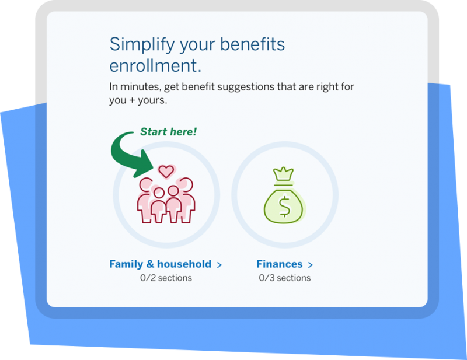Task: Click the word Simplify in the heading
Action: tap(142, 45)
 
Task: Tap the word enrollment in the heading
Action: tap(155, 65)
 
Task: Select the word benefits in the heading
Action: tap(253, 44)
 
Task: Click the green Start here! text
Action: tap(168, 132)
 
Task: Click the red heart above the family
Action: tap(166, 171)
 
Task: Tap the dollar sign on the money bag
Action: tap(284, 207)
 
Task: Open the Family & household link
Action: tap(166, 264)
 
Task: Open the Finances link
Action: tap(285, 264)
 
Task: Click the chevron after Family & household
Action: tap(219, 265)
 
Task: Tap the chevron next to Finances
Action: tap(311, 265)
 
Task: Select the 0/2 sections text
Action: tap(166, 278)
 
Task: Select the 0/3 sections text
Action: tap(285, 278)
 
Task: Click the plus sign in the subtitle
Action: tap(133, 100)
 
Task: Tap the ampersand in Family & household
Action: tap(150, 264)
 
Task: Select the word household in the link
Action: tap(184, 264)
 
